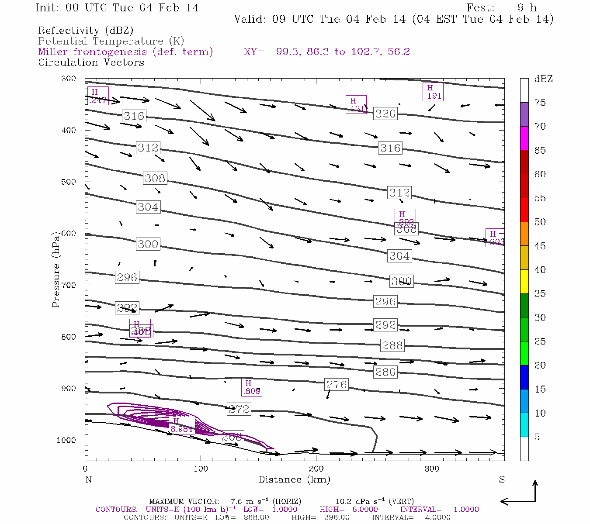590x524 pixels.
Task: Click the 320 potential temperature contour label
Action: click(x=385, y=114)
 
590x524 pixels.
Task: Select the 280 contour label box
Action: click(x=385, y=372)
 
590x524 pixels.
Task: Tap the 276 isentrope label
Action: click(x=337, y=385)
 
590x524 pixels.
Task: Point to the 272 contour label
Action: click(x=239, y=409)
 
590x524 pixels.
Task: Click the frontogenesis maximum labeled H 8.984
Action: click(x=181, y=425)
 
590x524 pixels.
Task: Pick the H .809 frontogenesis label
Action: click(x=252, y=387)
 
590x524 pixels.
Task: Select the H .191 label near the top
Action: click(x=433, y=92)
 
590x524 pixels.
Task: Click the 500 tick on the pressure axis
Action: click(x=68, y=182)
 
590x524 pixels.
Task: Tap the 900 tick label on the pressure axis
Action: click(x=68, y=389)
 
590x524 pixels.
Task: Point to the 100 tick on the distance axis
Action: click(x=201, y=469)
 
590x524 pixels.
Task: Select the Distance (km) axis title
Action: click(x=294, y=479)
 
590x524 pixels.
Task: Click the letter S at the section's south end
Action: click(x=502, y=479)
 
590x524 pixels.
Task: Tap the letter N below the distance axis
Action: click(x=88, y=479)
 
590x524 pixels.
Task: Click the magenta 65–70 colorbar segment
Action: click(x=524, y=138)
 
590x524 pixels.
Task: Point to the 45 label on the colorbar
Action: click(x=540, y=246)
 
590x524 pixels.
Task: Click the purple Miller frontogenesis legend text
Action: click(x=125, y=52)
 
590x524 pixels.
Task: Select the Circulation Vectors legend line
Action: click(x=91, y=62)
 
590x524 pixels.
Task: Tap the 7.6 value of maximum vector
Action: click(x=238, y=501)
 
